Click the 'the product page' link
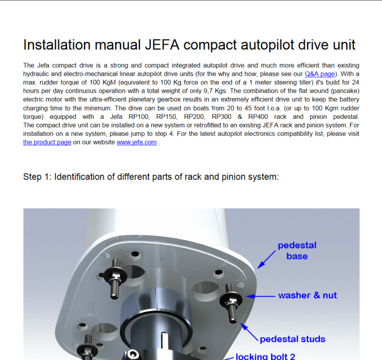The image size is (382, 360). click(x=47, y=142)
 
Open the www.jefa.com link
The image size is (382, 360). click(x=137, y=142)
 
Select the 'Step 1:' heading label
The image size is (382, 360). click(x=38, y=177)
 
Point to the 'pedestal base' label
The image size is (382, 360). click(x=297, y=251)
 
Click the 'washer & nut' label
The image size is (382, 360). click(x=307, y=295)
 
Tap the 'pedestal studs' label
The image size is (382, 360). click(x=292, y=339)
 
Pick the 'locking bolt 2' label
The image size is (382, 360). click(x=266, y=356)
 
